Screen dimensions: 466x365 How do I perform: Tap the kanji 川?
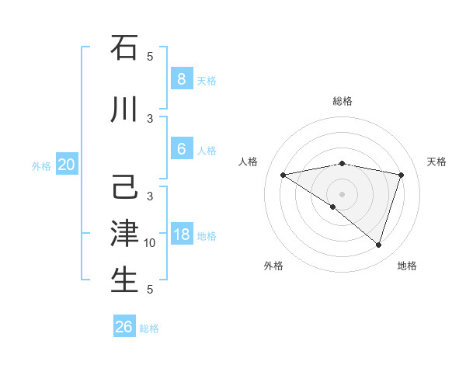coord(124,110)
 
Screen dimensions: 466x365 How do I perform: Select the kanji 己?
coord(124,189)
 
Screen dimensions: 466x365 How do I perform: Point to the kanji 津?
coord(124,234)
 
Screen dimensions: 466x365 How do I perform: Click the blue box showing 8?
coord(181,78)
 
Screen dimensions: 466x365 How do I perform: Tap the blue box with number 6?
coord(181,149)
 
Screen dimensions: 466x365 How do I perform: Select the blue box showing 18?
coord(181,235)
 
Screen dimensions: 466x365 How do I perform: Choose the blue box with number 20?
coord(66,165)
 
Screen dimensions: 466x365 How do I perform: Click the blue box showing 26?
coord(124,327)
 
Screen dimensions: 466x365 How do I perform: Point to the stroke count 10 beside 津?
coord(150,243)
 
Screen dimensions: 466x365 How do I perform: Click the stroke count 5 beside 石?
coord(150,57)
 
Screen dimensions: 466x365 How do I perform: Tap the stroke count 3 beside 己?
coord(150,196)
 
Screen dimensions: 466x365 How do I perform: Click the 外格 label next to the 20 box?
coord(41,165)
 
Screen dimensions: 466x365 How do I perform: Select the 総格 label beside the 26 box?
coord(149,328)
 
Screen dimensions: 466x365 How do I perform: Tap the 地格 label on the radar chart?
coord(407,266)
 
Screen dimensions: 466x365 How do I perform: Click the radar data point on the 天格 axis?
coord(401,175)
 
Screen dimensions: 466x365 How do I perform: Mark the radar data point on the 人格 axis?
coord(283,175)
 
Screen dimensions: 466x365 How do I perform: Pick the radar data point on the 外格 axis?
coord(333,207)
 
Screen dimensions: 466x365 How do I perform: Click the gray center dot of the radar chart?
coord(342,193)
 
